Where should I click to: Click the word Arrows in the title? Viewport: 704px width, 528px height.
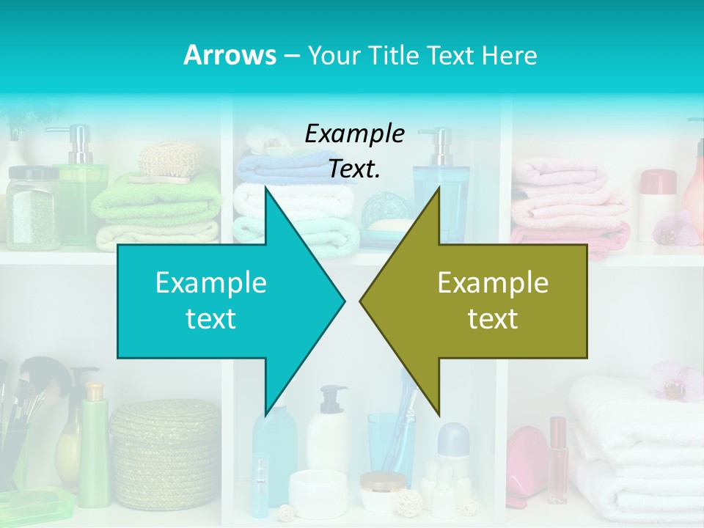tap(230, 55)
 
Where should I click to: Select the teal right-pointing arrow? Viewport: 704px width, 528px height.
tap(220, 301)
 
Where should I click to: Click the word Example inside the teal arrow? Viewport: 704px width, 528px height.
tap(211, 283)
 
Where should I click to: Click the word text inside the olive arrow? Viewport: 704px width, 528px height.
tap(493, 319)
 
